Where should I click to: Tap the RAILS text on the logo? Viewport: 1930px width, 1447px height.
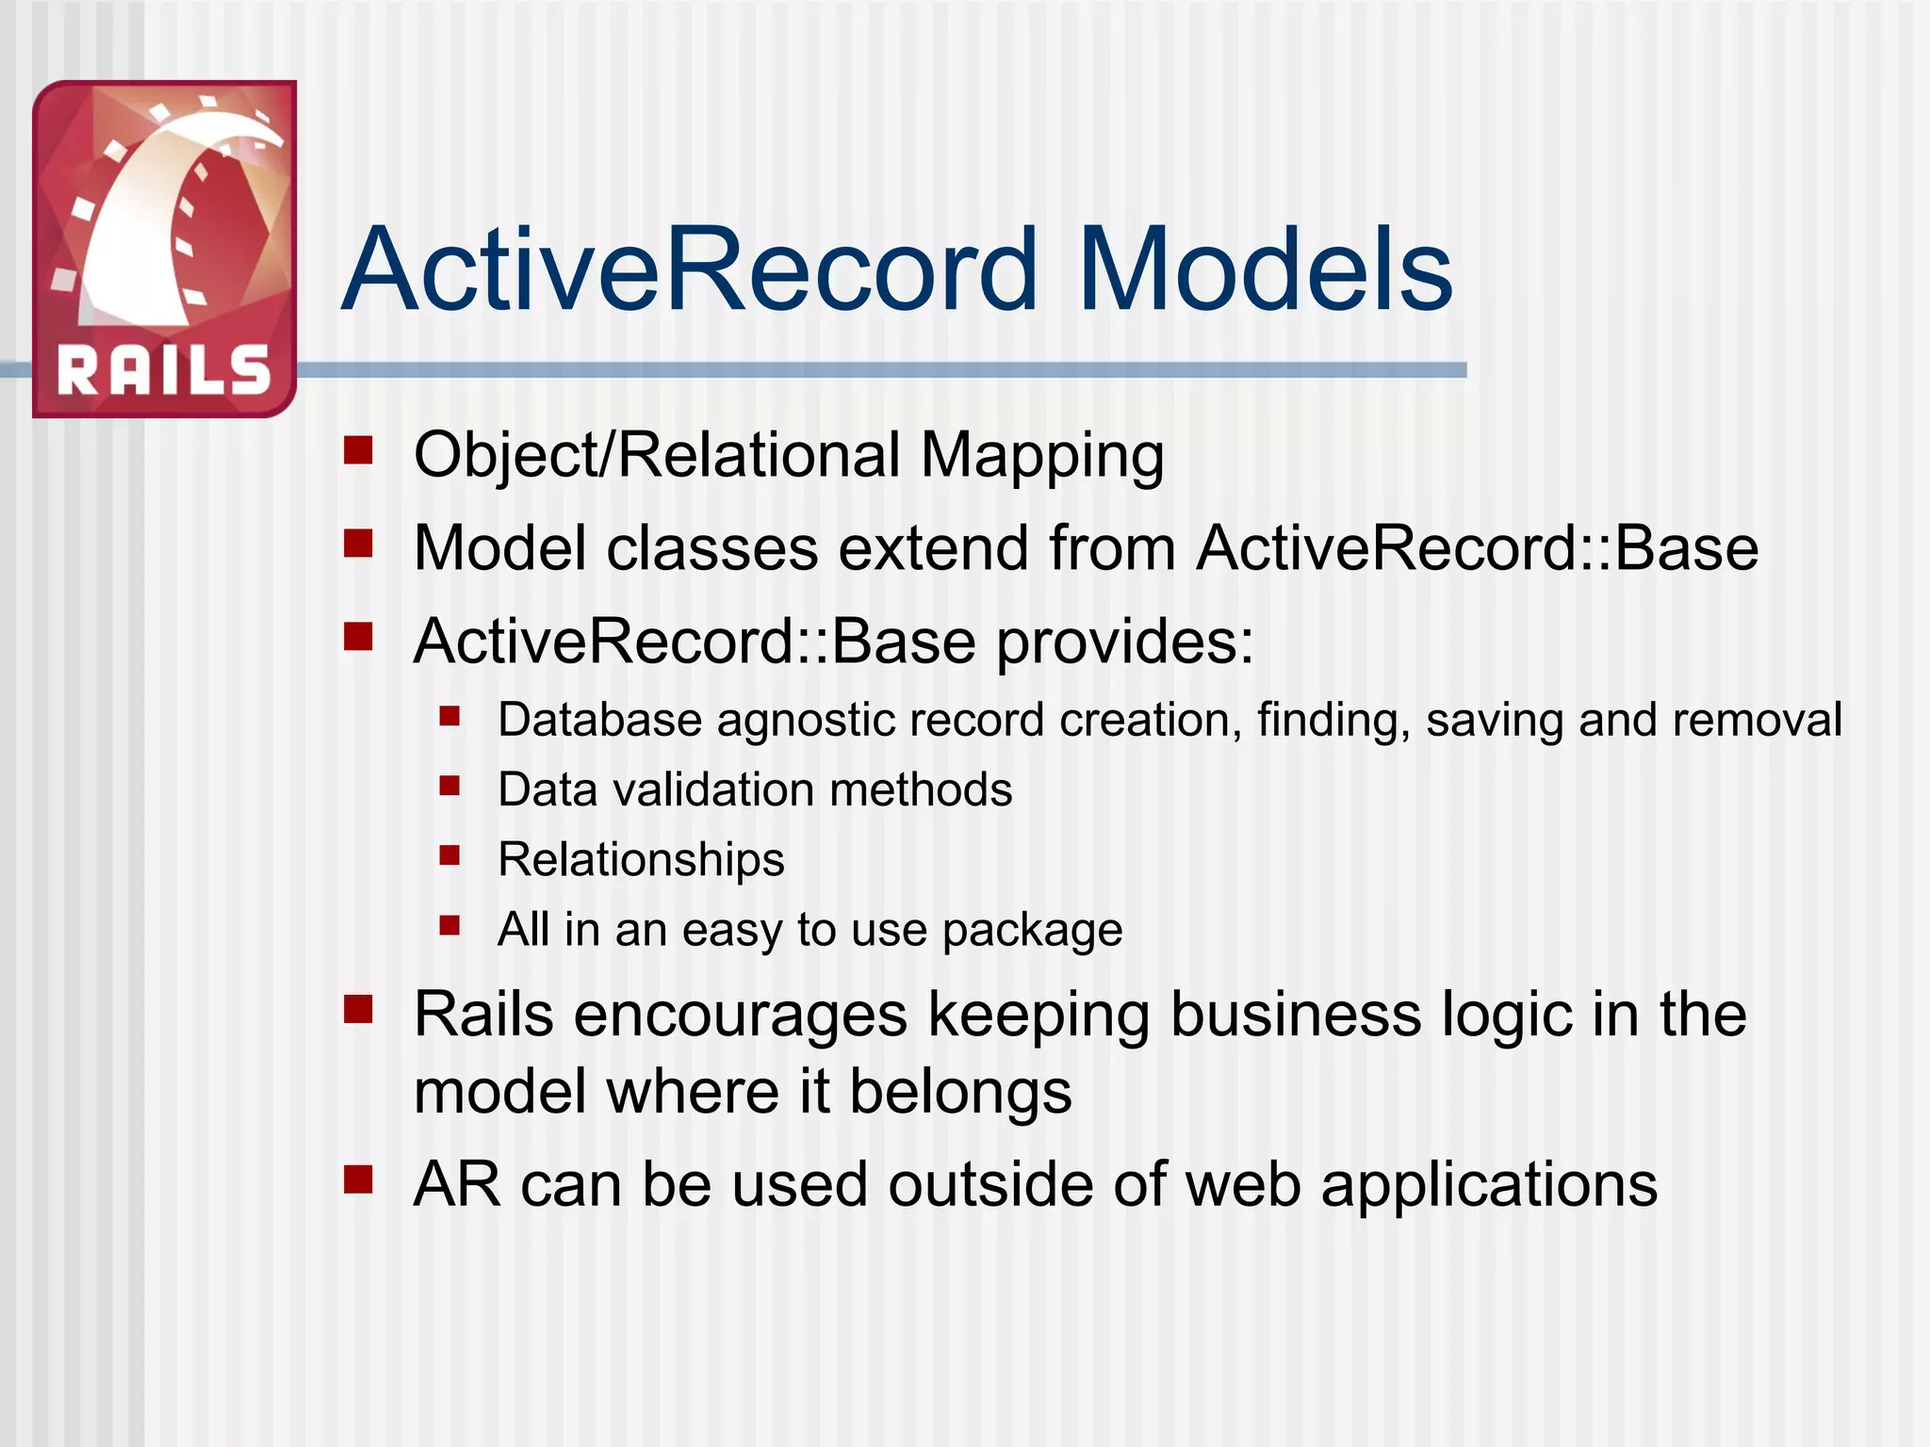[164, 369]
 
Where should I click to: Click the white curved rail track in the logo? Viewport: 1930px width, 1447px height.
[141, 226]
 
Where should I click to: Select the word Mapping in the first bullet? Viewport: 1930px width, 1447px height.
[1041, 456]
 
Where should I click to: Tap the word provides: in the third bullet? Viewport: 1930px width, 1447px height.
[1125, 643]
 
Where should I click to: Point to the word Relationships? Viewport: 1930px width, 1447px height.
[641, 859]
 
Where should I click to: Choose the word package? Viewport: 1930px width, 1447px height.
[1032, 931]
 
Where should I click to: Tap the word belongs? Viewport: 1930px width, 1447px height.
[960, 1093]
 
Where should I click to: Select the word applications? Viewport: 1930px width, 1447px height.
[1489, 1186]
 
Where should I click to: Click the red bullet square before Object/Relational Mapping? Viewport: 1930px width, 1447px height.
[358, 450]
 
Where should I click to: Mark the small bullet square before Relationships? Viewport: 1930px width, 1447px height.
[450, 854]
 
